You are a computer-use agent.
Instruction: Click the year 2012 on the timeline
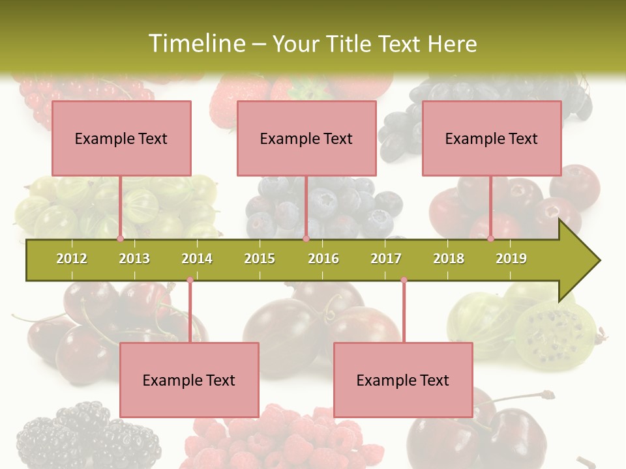click(72, 259)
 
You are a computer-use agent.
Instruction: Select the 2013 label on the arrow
click(134, 259)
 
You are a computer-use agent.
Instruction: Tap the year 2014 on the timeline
click(197, 259)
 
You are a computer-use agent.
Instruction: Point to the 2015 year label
click(260, 259)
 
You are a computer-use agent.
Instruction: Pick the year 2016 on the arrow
click(323, 259)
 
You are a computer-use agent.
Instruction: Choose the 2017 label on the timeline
click(386, 259)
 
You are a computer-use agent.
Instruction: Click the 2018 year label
click(449, 259)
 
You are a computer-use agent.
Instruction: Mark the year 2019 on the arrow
click(511, 259)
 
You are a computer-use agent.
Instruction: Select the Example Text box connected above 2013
click(121, 138)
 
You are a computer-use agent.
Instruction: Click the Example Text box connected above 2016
click(306, 138)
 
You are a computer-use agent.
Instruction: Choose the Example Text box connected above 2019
click(492, 138)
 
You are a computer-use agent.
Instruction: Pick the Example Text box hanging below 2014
click(189, 380)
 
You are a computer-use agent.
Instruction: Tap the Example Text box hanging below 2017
click(403, 380)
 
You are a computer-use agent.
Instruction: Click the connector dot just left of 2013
click(120, 238)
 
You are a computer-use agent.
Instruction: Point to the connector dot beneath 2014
click(190, 280)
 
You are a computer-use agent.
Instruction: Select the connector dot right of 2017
click(404, 280)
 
